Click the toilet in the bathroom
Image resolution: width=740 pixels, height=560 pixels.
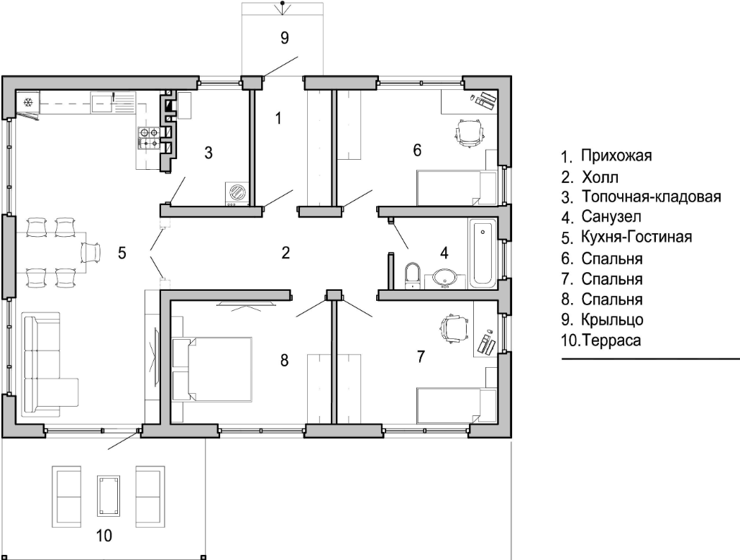click(413, 276)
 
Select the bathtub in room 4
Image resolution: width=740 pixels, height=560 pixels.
click(482, 253)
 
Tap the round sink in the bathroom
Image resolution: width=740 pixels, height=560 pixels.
click(444, 278)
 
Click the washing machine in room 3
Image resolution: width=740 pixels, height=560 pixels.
click(237, 194)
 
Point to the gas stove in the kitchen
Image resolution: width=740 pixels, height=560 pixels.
click(148, 137)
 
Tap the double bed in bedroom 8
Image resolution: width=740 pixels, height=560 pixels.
click(212, 369)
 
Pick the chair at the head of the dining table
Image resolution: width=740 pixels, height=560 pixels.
click(91, 252)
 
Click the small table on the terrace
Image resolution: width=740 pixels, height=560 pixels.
click(109, 496)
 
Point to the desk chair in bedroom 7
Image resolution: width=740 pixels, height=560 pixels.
click(454, 328)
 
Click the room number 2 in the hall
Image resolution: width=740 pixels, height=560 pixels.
click(285, 253)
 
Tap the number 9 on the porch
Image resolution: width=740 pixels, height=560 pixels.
click(284, 37)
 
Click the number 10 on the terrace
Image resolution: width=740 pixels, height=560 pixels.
click(104, 536)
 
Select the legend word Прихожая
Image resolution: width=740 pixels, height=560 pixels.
click(616, 155)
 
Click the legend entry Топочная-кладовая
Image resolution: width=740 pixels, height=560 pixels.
click(652, 196)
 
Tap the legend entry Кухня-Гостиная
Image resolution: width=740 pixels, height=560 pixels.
click(636, 237)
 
